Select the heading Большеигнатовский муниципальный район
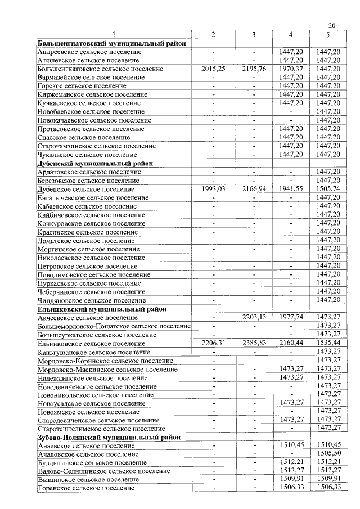(x=112, y=43)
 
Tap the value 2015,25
(x=213, y=69)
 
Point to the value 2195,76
(x=254, y=69)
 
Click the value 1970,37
(x=291, y=69)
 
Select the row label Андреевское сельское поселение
(x=89, y=52)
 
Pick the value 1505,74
(x=328, y=189)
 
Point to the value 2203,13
(x=254, y=317)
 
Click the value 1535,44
(x=328, y=343)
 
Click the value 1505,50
(x=328, y=453)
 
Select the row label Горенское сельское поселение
(x=85, y=488)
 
